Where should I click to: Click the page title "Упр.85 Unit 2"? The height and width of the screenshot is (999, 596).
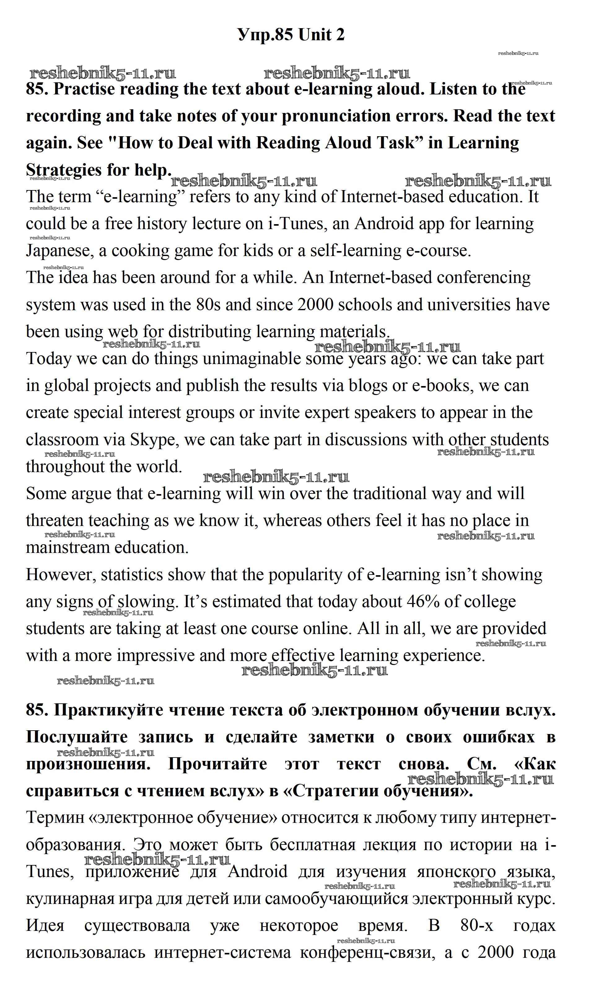291,35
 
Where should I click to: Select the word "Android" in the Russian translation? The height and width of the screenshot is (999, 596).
257,871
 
